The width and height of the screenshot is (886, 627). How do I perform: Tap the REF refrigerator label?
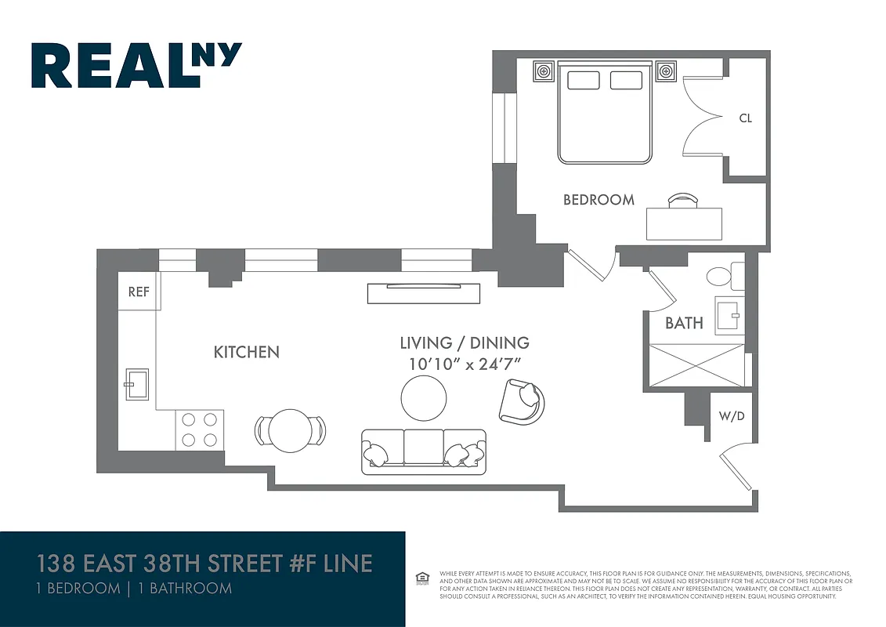[x=139, y=292]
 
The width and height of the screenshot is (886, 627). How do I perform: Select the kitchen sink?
[x=134, y=385]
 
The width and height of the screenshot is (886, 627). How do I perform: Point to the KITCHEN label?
[x=246, y=352]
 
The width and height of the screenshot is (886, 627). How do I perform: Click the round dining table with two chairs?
[x=290, y=430]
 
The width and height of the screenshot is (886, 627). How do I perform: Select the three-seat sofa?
[x=424, y=451]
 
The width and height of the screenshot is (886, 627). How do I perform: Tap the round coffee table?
[x=424, y=398]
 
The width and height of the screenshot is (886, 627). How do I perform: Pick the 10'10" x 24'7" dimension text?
[x=465, y=364]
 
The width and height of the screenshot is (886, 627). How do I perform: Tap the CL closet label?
[x=745, y=118]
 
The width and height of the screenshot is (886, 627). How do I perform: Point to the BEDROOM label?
[x=599, y=200]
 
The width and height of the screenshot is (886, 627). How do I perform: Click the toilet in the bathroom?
[x=724, y=276]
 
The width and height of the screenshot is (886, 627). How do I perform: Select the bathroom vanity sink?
[x=728, y=316]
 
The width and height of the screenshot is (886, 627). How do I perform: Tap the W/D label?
[x=732, y=415]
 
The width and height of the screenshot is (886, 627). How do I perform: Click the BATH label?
[x=684, y=323]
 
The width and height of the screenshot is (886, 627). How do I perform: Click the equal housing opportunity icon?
[x=422, y=578]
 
